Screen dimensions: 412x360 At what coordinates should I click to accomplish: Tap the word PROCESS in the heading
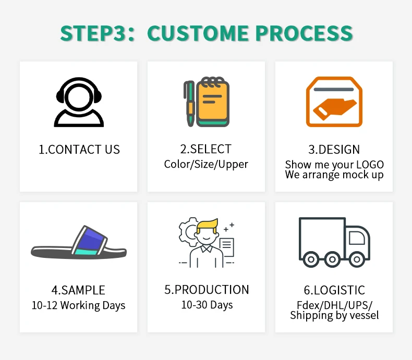point(304,33)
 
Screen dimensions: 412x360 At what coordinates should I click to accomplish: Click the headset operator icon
point(79,102)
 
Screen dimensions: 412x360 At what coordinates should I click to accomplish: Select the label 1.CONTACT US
point(79,150)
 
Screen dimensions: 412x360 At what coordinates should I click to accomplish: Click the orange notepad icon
point(212,102)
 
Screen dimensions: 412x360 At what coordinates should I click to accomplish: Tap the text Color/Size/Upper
point(206,164)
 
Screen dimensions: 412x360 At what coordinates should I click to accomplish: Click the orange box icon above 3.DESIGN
point(334,102)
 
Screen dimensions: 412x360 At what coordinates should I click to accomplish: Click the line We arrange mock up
point(334,175)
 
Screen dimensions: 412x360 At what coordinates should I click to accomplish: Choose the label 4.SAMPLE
point(78,290)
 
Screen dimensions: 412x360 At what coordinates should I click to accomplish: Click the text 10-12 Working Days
point(78,305)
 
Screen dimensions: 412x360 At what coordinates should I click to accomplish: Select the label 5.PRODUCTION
point(207,290)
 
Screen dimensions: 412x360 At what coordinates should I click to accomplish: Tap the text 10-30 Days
point(207,305)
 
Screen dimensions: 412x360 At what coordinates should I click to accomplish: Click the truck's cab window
point(357,238)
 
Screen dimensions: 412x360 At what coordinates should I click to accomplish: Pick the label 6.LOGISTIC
point(334,290)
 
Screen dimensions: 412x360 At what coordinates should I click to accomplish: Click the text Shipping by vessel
point(334,315)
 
